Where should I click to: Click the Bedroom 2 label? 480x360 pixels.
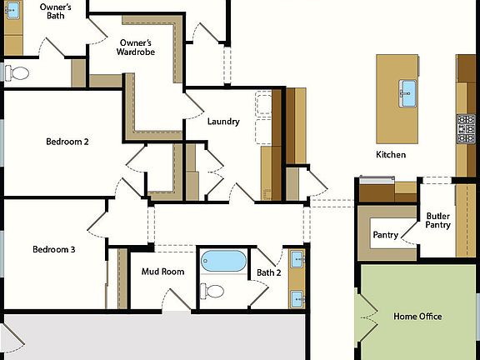tap(67, 142)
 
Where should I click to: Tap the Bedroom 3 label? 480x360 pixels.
tap(54, 250)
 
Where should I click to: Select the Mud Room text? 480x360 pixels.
tap(162, 272)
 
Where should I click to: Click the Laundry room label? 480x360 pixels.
tap(223, 122)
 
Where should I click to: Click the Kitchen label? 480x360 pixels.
tap(391, 155)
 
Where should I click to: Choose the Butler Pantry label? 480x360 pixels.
tap(438, 220)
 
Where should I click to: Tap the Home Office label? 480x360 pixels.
tap(417, 317)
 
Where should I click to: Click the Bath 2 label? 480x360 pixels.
tap(268, 272)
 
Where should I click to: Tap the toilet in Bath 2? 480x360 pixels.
tap(213, 292)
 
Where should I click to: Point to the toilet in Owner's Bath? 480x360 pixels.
tap(17, 73)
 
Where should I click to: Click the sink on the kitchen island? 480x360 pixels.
tap(407, 89)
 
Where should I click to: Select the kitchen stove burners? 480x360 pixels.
tap(466, 129)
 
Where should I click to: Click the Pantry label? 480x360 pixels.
tap(385, 235)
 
